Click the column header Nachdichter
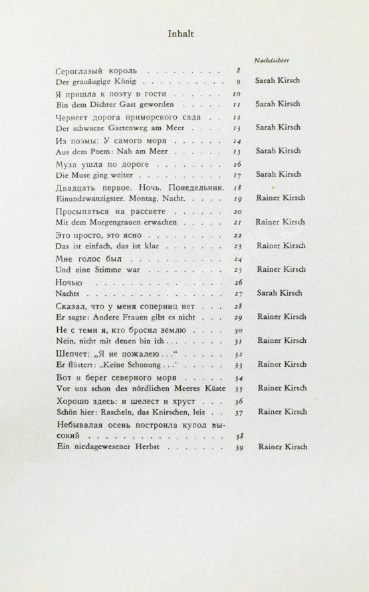point(275,59)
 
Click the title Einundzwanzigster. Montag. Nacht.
point(123,199)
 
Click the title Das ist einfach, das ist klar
point(108,247)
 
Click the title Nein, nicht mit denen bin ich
point(110,341)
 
